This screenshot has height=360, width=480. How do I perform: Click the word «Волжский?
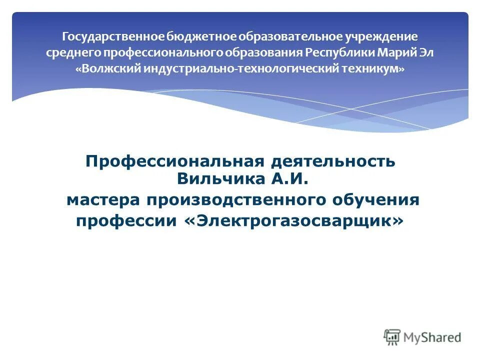[108, 69]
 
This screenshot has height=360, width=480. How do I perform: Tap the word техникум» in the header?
[373, 69]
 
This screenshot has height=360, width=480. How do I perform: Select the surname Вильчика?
[216, 177]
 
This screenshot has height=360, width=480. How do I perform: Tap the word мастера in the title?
[103, 200]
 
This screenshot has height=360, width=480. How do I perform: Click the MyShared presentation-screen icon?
[392, 337]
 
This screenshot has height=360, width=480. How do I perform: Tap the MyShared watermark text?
[433, 338]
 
